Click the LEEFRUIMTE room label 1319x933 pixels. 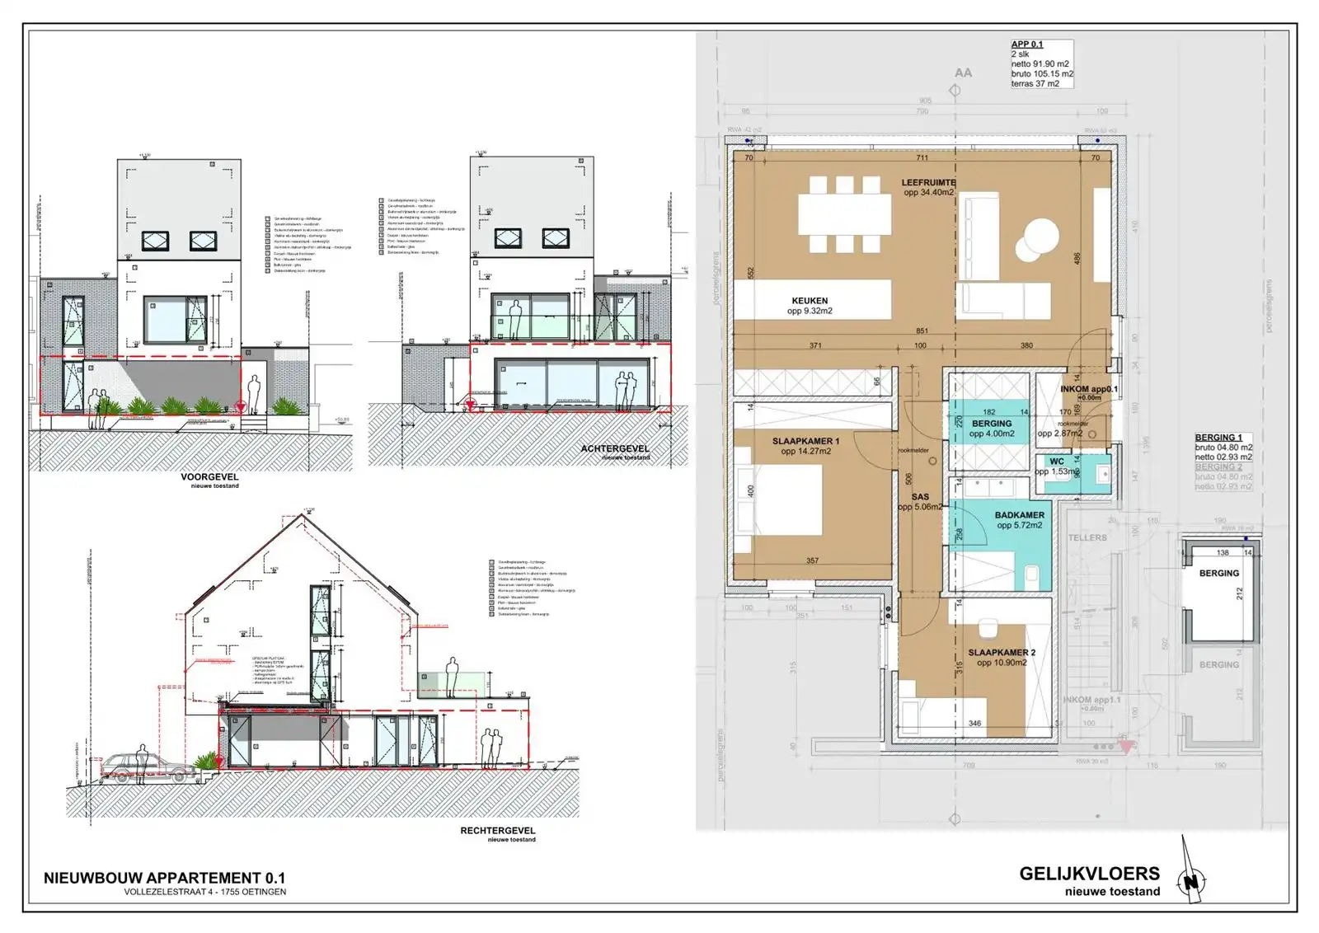[x=928, y=182]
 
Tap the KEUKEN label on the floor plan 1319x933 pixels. [x=810, y=301]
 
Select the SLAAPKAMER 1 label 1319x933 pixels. [x=805, y=441]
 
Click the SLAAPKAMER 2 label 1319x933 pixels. [x=1002, y=652]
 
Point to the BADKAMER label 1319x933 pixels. [x=1019, y=515]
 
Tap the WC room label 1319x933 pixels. [x=1056, y=462]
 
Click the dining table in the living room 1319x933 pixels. [x=844, y=214]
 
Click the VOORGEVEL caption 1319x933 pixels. [x=209, y=476]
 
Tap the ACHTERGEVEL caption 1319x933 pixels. [x=614, y=448]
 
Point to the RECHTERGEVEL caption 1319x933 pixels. [x=497, y=830]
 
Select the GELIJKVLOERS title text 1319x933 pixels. [x=1089, y=874]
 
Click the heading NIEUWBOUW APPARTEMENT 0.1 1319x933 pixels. [x=164, y=878]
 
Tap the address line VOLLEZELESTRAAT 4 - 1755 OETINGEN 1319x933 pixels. [x=204, y=892]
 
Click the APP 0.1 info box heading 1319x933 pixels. [x=1027, y=45]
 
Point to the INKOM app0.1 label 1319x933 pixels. [x=1088, y=389]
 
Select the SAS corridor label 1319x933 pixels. [x=920, y=497]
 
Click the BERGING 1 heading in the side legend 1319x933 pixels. [x=1218, y=438]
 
